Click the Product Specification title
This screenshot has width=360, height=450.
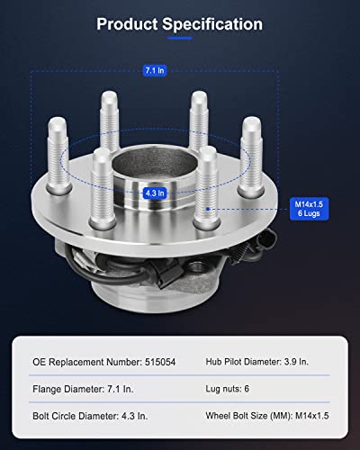pos(180,23)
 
